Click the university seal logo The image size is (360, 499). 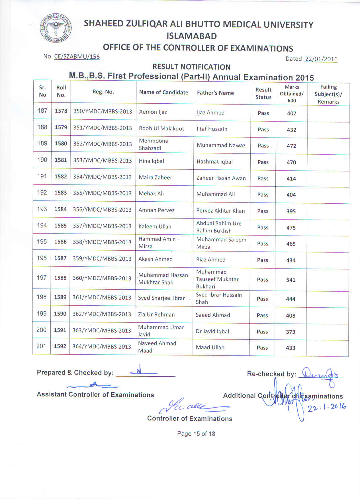(56, 28)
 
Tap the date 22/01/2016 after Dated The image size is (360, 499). (321, 59)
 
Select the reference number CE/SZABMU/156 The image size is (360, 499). (77, 57)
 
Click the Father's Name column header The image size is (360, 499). (215, 93)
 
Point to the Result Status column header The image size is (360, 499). (263, 93)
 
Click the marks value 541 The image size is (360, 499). (291, 280)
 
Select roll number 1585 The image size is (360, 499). (60, 226)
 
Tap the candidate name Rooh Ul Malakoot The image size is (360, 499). (161, 128)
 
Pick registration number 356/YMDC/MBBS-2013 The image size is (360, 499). (102, 210)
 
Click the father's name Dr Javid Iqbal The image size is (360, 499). (212, 331)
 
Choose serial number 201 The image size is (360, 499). (41, 346)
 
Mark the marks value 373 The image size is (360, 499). (291, 332)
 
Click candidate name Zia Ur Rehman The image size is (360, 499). (156, 314)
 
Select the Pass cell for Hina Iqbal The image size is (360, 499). (263, 162)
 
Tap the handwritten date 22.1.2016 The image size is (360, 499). (327, 408)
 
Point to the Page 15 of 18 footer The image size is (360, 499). (196, 434)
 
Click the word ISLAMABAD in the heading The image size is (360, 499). (192, 36)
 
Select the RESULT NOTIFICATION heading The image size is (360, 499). (191, 67)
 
